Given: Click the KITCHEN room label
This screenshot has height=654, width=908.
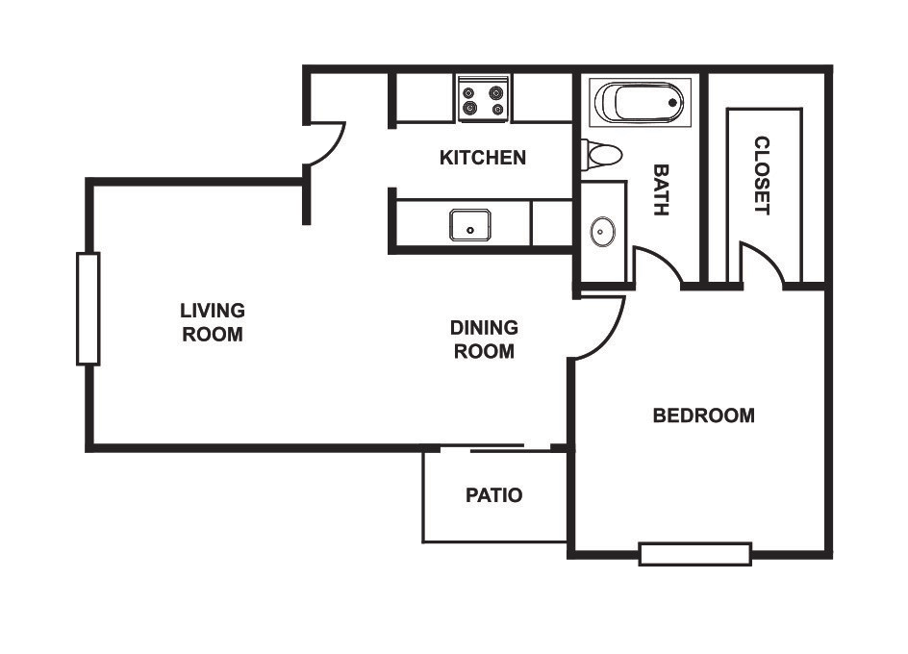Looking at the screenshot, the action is pos(483,158).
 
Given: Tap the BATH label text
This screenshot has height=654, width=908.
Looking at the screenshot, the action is pos(662,190).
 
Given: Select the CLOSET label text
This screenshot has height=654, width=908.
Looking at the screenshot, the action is pos(762,175).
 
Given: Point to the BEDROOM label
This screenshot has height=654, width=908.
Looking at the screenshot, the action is pos(703,415).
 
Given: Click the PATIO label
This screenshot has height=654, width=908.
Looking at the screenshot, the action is pos(494,495).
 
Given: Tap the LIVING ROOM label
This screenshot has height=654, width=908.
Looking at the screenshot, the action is pos(213,322).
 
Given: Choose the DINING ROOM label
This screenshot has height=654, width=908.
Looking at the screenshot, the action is pos(484,340).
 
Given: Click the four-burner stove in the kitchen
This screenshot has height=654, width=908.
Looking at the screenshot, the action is pos(483,98).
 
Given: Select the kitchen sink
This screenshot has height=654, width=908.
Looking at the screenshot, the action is pos(470,225).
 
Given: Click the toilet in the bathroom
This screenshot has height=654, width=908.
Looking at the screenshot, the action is pos(602,155).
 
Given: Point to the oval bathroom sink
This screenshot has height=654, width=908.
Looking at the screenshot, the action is pos(602,232).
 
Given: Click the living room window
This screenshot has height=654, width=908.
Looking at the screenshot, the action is pos(88,310).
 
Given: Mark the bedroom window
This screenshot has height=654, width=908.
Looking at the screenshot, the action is pos(695,554).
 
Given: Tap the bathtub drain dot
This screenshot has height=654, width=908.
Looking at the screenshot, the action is pos(673,103).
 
